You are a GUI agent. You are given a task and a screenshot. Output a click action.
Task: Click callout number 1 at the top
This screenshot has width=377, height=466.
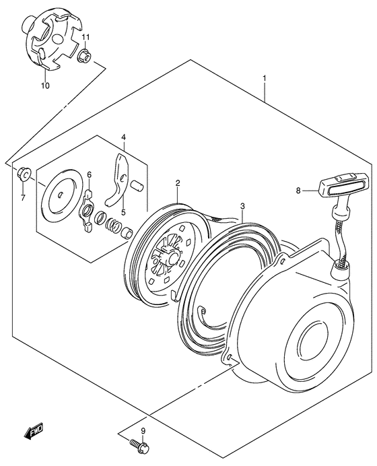coord(265,78)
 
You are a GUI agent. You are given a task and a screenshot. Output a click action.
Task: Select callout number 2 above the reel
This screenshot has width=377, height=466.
coord(178,182)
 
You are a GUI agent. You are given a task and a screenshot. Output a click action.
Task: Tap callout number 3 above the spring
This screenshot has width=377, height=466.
coord(242,205)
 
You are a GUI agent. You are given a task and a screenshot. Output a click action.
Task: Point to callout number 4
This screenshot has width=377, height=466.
coord(124,139)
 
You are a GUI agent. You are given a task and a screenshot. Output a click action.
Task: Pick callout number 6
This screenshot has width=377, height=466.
coord(89,176)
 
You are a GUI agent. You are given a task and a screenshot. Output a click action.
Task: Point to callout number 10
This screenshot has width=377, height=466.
coord(45,86)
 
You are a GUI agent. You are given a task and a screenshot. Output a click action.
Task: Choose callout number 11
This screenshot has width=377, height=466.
coord(85,36)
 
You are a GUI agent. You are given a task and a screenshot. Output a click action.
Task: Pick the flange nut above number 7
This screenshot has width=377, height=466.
coord(23,174)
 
